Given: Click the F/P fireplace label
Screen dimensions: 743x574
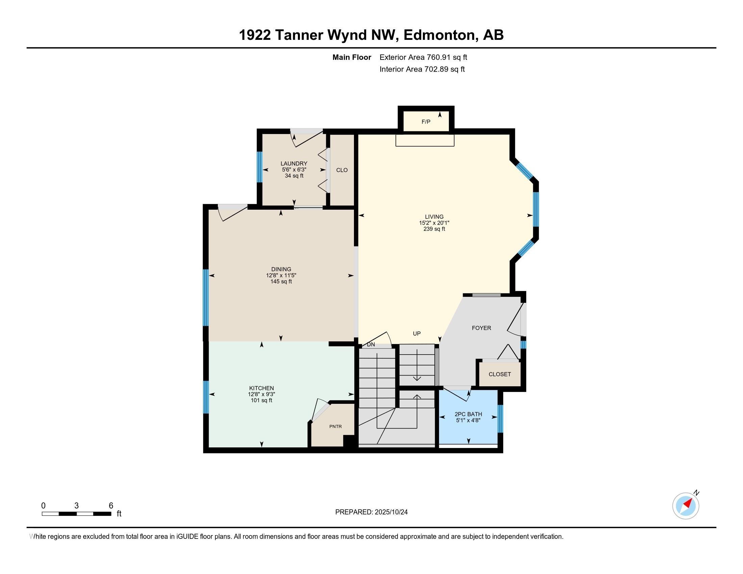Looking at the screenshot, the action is click(426, 122).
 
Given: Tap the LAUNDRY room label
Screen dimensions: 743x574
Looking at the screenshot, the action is click(294, 163).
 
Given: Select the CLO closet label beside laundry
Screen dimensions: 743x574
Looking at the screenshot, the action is click(342, 170).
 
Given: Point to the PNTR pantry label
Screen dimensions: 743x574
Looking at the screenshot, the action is click(335, 426).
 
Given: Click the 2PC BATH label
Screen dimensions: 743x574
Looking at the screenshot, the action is click(468, 414).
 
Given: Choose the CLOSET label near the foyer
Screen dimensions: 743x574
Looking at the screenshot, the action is click(500, 374).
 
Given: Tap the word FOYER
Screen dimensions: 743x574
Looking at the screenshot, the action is click(481, 328).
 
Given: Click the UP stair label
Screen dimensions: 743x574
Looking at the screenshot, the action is click(417, 334).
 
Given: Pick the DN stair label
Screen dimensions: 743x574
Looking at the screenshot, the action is click(371, 344).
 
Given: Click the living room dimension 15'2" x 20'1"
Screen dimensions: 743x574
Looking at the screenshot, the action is click(434, 223).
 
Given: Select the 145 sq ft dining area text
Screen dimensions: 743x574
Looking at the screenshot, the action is click(281, 282).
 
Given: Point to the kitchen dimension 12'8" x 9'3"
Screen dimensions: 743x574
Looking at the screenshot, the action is click(261, 394).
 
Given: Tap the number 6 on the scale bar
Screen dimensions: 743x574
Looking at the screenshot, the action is click(111, 506).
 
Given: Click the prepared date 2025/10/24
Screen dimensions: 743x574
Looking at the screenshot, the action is click(391, 512).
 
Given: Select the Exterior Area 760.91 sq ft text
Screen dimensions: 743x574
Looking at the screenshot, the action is click(423, 57).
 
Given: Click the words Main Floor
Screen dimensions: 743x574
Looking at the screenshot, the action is click(352, 57).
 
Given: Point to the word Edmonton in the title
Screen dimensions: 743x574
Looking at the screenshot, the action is click(439, 35).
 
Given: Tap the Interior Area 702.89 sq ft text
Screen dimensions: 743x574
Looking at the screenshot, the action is click(422, 69).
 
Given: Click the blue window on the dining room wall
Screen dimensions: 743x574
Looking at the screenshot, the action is click(205, 297).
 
